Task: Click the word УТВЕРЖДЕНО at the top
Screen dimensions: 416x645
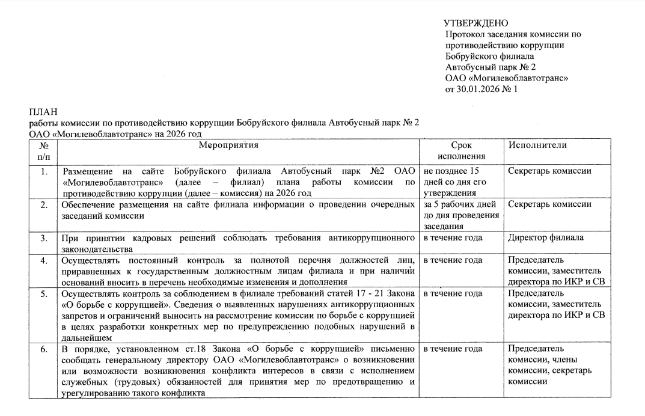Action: click(x=475, y=23)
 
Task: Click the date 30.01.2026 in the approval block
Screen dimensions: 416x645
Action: click(x=479, y=89)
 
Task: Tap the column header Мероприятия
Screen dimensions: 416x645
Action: click(x=230, y=145)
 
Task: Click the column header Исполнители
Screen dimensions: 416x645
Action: click(x=537, y=145)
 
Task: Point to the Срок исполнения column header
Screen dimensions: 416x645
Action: click(x=461, y=150)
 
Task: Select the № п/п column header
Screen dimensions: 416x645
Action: click(x=43, y=150)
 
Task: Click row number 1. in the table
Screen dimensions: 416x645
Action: click(x=43, y=171)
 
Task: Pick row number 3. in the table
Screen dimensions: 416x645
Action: click(x=43, y=237)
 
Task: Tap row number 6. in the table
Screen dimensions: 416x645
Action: click(x=43, y=349)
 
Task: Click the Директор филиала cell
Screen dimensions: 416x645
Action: click(x=546, y=237)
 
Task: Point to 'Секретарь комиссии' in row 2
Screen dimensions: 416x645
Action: click(x=549, y=204)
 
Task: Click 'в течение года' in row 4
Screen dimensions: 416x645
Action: click(x=453, y=260)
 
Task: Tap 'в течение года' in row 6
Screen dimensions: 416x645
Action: click(x=453, y=349)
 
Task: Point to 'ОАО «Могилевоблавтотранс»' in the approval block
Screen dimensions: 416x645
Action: click(x=507, y=78)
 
